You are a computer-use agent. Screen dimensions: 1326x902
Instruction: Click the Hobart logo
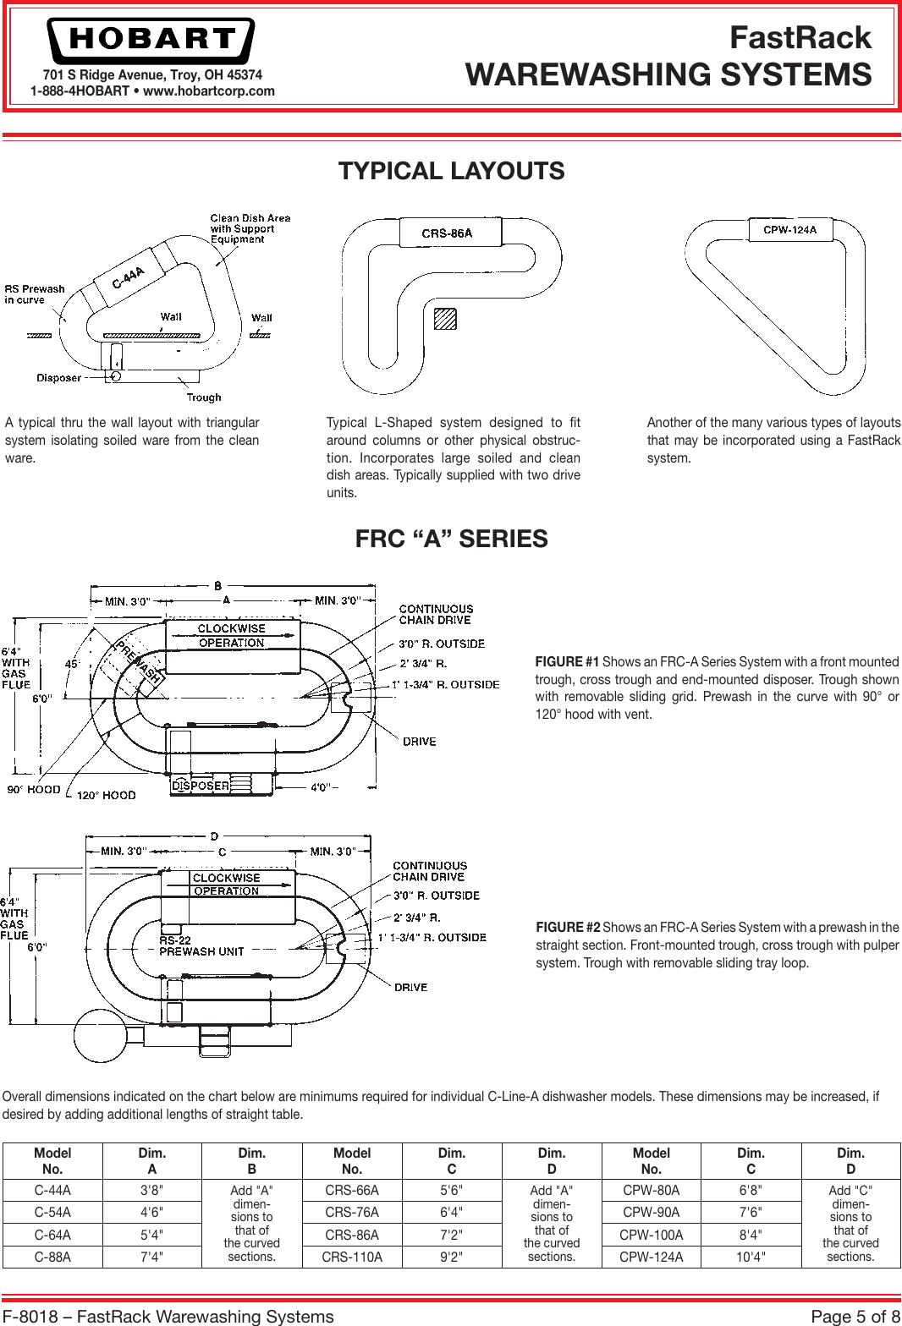151,40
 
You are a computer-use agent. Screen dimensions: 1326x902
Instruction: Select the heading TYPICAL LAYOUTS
451,171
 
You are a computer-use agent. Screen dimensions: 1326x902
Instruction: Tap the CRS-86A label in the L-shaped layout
447,233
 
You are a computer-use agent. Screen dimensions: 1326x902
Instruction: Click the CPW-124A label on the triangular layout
789,230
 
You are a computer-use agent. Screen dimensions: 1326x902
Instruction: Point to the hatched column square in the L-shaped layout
445,319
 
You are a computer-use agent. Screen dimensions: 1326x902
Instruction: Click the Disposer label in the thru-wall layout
58,378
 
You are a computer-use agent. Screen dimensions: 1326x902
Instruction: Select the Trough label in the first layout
204,397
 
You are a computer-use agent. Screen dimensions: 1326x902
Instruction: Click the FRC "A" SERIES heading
451,539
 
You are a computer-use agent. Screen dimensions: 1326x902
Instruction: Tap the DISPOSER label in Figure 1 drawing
201,786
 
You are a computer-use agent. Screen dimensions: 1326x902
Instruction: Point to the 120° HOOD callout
106,795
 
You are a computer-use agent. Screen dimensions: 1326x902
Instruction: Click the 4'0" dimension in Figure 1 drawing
321,787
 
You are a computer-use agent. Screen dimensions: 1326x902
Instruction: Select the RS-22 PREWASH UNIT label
201,946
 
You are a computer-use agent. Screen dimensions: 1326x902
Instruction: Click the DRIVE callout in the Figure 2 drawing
410,987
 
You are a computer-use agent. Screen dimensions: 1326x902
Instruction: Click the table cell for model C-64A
52,1235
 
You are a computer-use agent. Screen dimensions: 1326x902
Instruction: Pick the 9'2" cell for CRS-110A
451,1257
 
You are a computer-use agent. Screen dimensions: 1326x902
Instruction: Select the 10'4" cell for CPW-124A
751,1257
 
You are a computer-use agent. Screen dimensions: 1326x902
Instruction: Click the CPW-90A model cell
651,1212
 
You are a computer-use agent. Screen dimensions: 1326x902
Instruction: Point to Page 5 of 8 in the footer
855,1316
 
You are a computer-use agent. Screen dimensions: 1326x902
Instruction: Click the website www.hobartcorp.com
209,91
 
